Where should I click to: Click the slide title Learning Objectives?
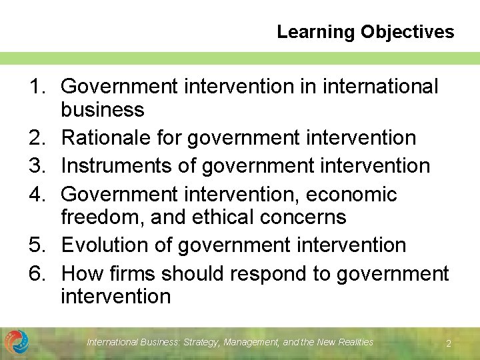(x=365, y=31)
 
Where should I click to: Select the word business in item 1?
(x=102, y=109)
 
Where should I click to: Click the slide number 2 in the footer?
(x=449, y=343)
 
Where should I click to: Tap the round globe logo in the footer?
(x=16, y=342)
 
